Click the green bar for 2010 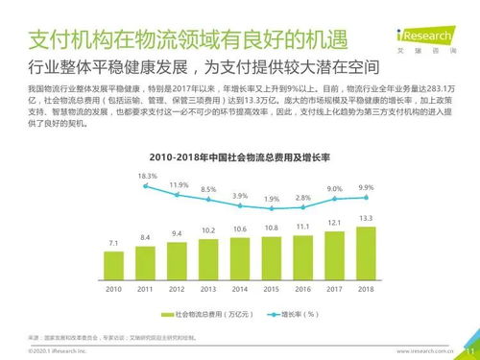coord(114,264)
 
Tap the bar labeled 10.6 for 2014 coord(240,258)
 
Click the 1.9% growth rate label coord(272,199)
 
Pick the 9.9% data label coord(366,186)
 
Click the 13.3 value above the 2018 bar coord(366,218)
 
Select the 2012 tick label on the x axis coord(177,288)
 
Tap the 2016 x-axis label coord(302,288)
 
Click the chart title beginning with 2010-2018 coord(240,156)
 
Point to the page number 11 coord(468,350)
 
